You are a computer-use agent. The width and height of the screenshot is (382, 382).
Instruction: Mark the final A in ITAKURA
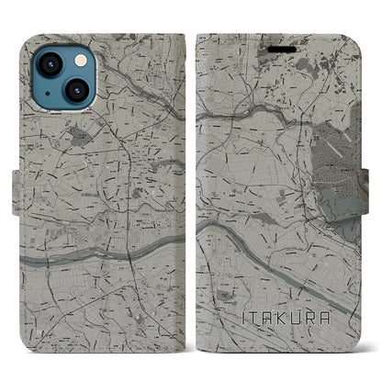tap(320, 317)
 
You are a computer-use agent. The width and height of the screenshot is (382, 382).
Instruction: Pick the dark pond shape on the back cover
tap(81, 139)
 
